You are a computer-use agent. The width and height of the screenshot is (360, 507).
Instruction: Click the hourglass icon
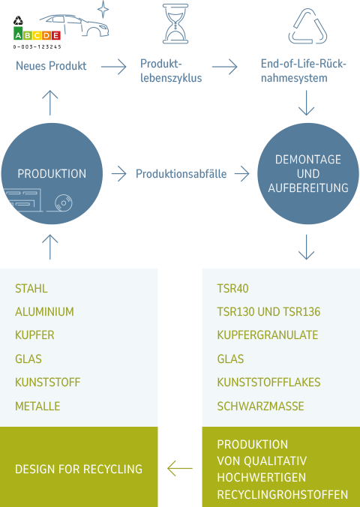click(x=175, y=23)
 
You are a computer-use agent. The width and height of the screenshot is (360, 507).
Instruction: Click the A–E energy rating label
click(x=37, y=34)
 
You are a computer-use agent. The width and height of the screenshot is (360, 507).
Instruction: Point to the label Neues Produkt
click(x=51, y=66)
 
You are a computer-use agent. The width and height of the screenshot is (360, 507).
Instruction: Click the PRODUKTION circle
click(x=52, y=174)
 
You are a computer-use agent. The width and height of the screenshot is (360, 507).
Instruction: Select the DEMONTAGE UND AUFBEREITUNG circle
click(x=308, y=174)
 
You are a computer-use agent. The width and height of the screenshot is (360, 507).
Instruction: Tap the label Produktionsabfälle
click(x=181, y=174)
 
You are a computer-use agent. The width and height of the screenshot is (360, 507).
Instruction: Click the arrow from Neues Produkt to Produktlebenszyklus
click(x=113, y=67)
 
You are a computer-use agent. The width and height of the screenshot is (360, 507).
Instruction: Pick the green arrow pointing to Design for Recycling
click(x=180, y=469)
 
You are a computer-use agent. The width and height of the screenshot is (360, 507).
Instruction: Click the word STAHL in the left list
click(x=31, y=289)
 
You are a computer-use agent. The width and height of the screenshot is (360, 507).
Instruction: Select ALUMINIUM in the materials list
click(x=44, y=312)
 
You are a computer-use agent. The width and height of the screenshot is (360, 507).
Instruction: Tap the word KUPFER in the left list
click(x=34, y=335)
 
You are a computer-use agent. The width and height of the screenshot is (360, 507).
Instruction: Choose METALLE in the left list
click(x=37, y=406)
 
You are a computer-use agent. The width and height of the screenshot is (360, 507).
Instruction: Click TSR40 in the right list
click(x=232, y=289)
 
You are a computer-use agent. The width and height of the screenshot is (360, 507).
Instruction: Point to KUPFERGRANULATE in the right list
click(x=267, y=335)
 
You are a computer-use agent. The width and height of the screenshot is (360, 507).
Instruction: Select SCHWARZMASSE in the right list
click(x=260, y=406)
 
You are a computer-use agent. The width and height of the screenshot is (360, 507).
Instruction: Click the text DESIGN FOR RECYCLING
click(x=79, y=469)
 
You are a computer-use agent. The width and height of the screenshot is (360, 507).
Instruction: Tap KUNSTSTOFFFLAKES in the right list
click(x=268, y=382)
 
